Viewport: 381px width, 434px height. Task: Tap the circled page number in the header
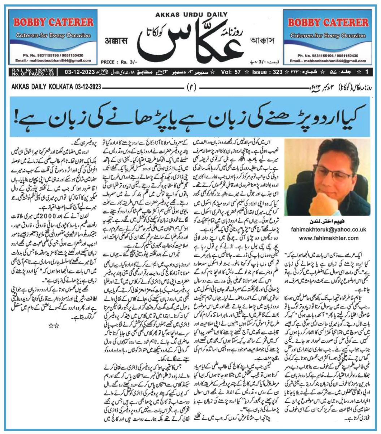click(x=190, y=87)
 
